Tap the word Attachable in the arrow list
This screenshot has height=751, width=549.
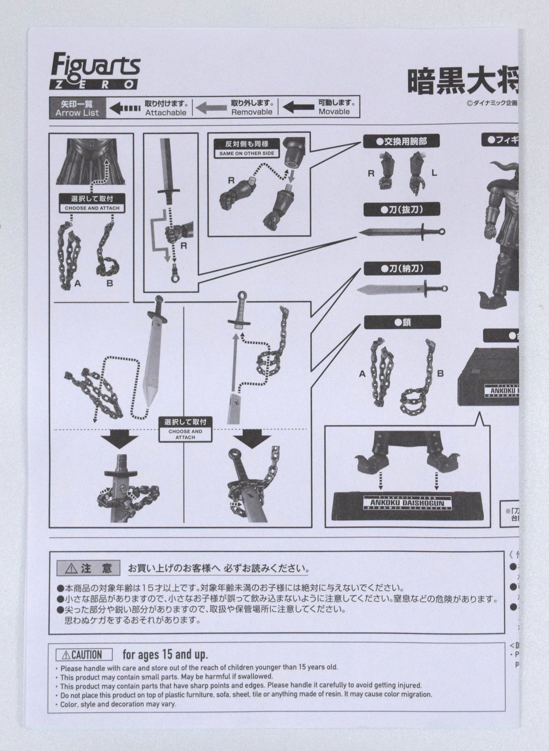tap(166, 112)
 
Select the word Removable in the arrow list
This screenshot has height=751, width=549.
tap(252, 112)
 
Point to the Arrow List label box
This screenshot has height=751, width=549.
tap(77, 108)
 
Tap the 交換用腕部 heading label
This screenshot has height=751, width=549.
tap(401, 141)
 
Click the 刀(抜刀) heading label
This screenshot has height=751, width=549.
tap(402, 209)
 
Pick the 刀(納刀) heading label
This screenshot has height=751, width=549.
tap(402, 268)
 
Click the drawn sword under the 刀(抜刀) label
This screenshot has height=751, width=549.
tap(401, 231)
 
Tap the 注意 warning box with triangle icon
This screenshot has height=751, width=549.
tap(88, 569)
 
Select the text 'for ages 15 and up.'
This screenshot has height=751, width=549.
tap(165, 654)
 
